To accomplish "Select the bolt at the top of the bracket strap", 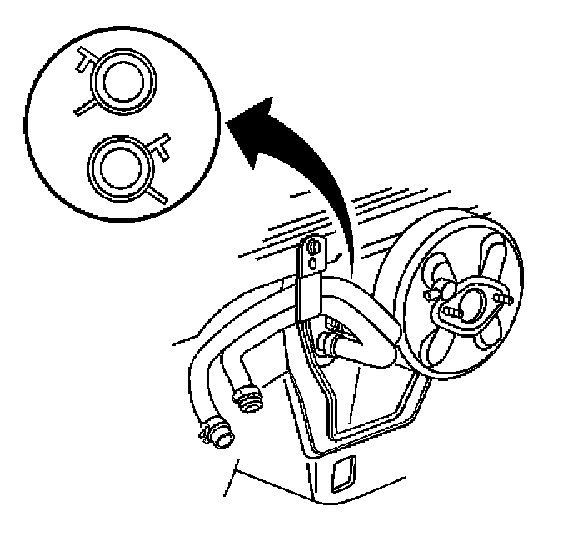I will [x=313, y=248].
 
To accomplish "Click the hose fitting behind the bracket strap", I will [x=330, y=342].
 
